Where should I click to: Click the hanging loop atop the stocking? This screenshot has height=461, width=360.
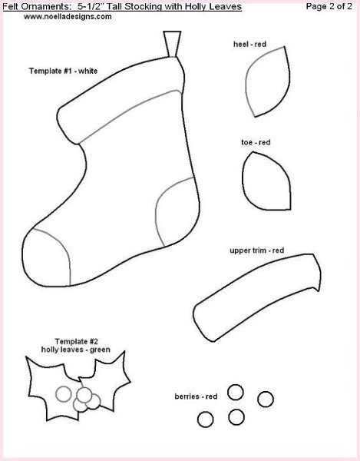[172, 43]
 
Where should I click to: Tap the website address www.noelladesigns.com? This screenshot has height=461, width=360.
[68, 17]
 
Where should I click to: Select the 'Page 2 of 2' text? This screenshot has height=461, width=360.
[329, 6]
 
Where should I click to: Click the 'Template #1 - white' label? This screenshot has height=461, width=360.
[63, 71]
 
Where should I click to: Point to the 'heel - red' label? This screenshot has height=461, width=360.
[250, 44]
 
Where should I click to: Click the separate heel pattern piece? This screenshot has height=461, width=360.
[268, 81]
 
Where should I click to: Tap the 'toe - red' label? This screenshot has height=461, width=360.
[256, 142]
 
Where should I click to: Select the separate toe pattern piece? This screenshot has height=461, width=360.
[266, 181]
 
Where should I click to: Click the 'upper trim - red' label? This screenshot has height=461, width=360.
[257, 250]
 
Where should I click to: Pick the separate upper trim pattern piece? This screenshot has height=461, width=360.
[257, 297]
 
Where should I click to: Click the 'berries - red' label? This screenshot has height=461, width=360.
[196, 396]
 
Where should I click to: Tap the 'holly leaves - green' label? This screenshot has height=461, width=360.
[76, 350]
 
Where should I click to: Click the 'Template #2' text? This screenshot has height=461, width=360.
[76, 342]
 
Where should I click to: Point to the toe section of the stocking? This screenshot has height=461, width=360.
[47, 259]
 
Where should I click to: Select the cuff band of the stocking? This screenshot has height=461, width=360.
[121, 100]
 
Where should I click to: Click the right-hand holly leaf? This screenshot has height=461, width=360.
[107, 380]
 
